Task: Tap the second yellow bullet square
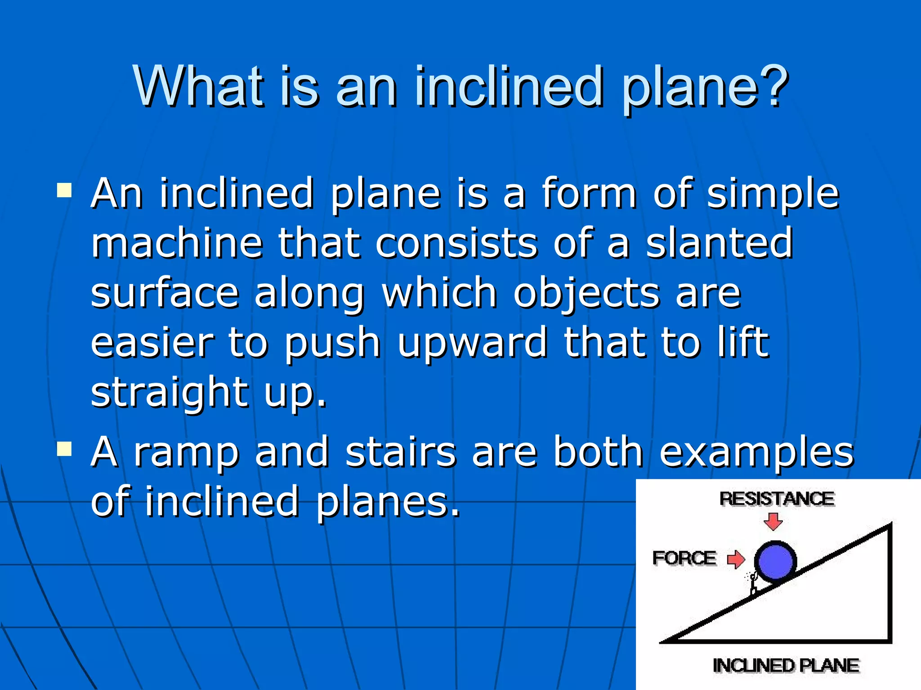65,448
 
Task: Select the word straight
170,394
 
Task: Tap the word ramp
186,454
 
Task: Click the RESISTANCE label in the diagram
777,499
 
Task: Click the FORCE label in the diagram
684,558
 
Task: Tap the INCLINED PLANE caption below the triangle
786,665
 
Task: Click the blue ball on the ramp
775,562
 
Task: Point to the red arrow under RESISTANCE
773,522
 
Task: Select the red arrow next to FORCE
736,559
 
